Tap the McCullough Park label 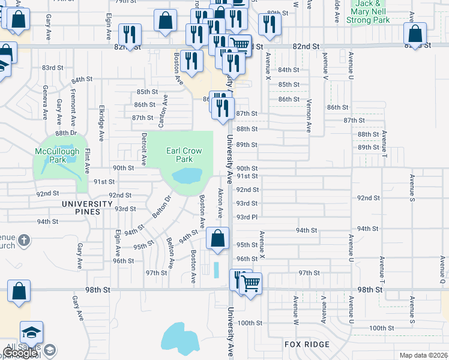pyautogui.click(x=57, y=155)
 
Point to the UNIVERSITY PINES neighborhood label pyautogui.click(x=87, y=204)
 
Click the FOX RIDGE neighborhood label pyautogui.click(x=307, y=344)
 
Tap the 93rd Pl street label pyautogui.click(x=247, y=217)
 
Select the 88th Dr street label pyautogui.click(x=66, y=133)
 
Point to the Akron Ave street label pyautogui.click(x=220, y=204)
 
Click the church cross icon pyautogui.click(x=23, y=241)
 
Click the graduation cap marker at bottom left pyautogui.click(x=31, y=332)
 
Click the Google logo pyautogui.click(x=20, y=353)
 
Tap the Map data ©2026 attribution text pyautogui.click(x=423, y=355)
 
